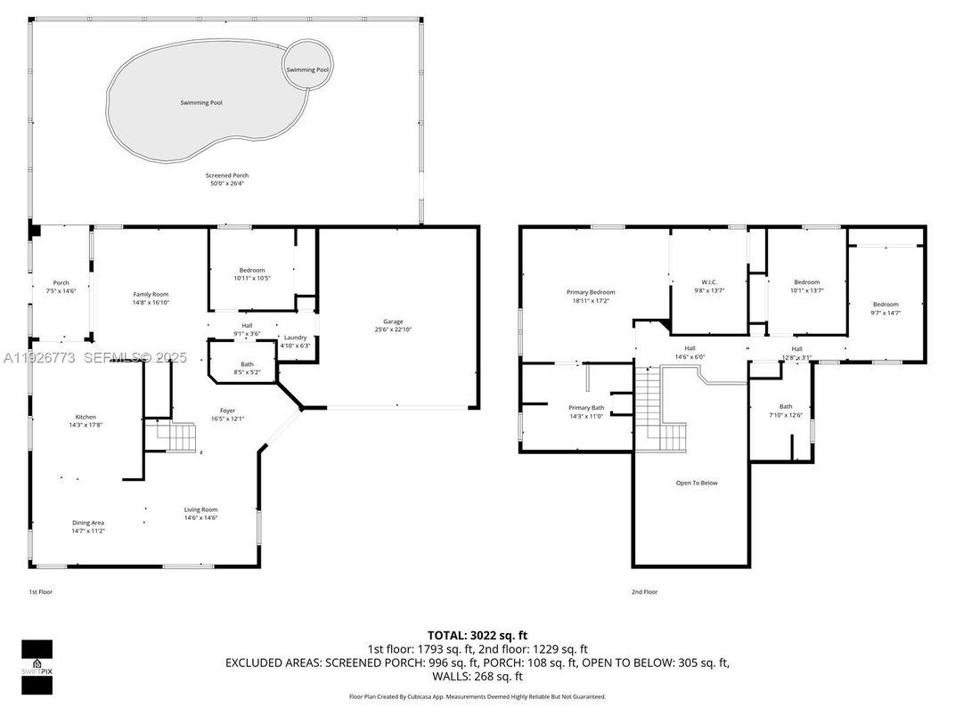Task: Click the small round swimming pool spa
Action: [x=307, y=68]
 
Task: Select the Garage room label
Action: [x=393, y=321]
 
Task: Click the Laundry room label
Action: [x=295, y=338]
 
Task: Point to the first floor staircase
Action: [x=175, y=437]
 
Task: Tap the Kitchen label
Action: [x=86, y=417]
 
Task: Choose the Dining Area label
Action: [x=88, y=523]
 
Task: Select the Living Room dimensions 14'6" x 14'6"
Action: [x=200, y=517]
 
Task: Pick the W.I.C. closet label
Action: [x=709, y=282]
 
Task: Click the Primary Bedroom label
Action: [x=590, y=292]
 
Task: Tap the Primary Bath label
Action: [x=586, y=407]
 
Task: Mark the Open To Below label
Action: [x=696, y=483]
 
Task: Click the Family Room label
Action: [x=151, y=294]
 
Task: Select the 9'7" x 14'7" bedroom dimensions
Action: [x=885, y=313]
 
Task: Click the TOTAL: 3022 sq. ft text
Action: [x=477, y=635]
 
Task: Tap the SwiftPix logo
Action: [x=37, y=667]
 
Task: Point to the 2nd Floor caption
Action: [x=644, y=591]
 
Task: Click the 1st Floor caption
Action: [x=41, y=591]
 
